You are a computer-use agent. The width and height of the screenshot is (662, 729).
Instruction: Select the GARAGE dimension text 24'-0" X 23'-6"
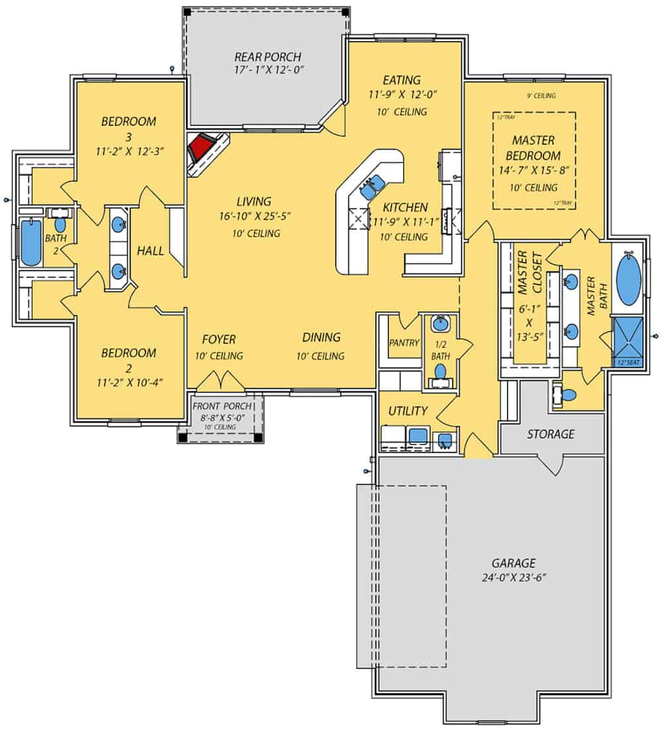[x=513, y=577]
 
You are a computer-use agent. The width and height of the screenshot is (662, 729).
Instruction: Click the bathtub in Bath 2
[x=30, y=242]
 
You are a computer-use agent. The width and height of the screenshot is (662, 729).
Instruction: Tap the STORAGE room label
[x=550, y=434]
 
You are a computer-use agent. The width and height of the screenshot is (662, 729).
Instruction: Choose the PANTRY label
[x=404, y=343]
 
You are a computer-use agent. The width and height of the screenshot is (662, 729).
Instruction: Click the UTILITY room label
[x=407, y=411]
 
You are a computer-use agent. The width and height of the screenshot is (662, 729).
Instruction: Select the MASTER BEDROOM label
[x=533, y=148]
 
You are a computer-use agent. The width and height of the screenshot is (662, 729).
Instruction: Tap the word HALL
[x=150, y=251]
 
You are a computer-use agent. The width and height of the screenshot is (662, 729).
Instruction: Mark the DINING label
[x=322, y=337]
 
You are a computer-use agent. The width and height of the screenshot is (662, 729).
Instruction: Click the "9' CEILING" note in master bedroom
[x=541, y=96]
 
